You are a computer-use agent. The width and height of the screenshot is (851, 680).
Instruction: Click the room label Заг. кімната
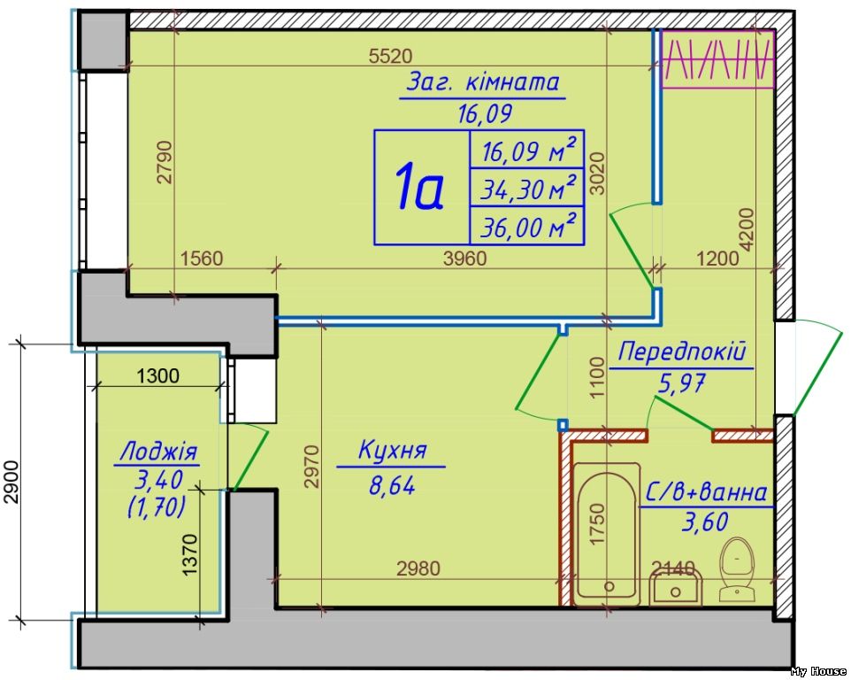[483, 82]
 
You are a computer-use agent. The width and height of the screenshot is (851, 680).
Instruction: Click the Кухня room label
[392, 451]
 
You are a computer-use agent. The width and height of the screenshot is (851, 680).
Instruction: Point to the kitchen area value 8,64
[392, 484]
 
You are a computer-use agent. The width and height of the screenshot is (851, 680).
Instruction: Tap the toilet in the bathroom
[734, 567]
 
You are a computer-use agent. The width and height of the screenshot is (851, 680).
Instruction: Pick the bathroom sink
[676, 587]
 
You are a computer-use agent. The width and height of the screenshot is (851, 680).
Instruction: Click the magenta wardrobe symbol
[719, 59]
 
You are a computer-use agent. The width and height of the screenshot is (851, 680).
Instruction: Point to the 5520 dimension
[390, 57]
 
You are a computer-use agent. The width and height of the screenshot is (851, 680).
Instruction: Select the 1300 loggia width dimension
[158, 375]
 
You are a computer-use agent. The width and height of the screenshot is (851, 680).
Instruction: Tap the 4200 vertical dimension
[747, 230]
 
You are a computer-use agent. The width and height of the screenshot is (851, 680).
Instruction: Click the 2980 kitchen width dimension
[418, 568]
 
